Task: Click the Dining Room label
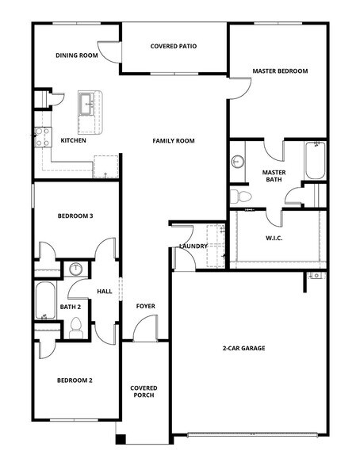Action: (76, 55)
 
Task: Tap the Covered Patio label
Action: (174, 46)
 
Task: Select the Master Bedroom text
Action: (280, 71)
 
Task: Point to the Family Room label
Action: (174, 141)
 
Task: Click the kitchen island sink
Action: (88, 102)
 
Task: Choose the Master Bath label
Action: (274, 176)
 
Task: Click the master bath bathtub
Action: (314, 162)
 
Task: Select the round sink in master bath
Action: (238, 162)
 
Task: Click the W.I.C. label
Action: (274, 239)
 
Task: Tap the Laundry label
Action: (193, 246)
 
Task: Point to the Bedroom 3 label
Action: (75, 216)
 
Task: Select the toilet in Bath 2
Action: (77, 327)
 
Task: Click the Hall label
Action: (105, 292)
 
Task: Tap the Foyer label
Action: (145, 306)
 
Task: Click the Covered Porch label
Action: (144, 393)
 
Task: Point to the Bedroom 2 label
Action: (75, 380)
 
